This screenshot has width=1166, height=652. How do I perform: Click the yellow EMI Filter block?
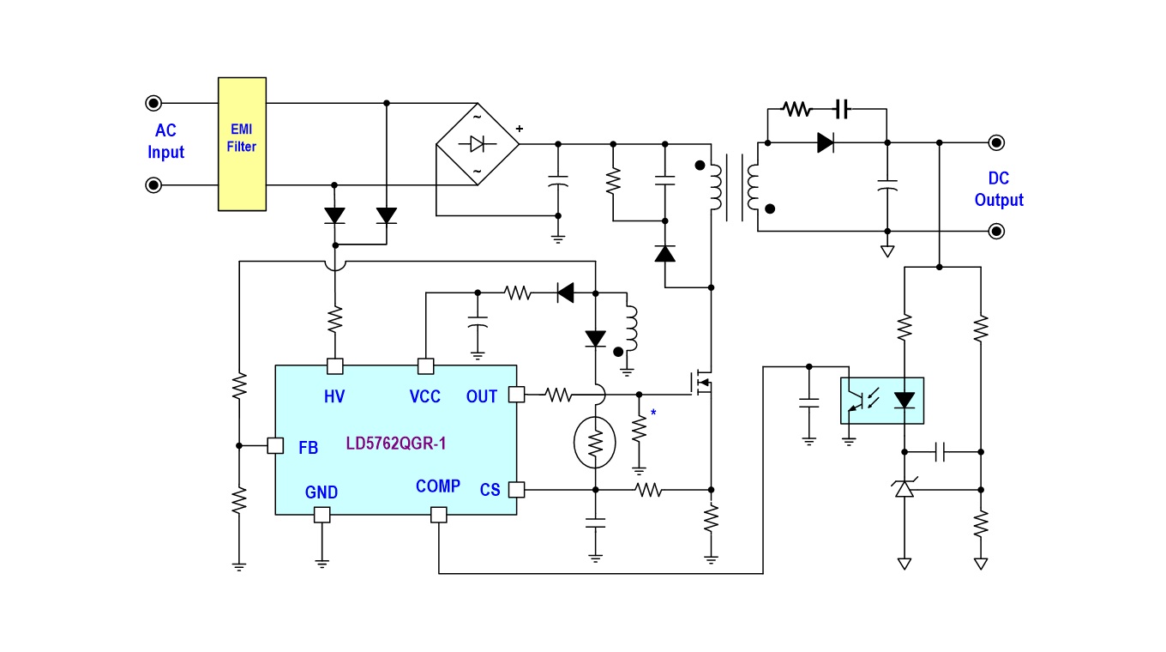click(x=242, y=144)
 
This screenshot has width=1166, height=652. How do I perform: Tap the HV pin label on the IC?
click(x=334, y=397)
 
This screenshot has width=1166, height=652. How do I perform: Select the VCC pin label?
click(x=424, y=397)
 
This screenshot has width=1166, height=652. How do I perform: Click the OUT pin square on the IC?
click(x=516, y=395)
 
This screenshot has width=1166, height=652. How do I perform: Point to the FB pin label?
click(x=308, y=447)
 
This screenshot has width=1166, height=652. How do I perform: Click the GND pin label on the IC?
click(x=322, y=492)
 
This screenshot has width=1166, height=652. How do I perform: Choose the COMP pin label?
click(x=438, y=486)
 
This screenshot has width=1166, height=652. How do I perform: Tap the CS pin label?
click(x=490, y=490)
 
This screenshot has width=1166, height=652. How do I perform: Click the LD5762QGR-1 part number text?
click(x=396, y=444)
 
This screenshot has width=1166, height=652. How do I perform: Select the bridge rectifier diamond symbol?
click(x=478, y=144)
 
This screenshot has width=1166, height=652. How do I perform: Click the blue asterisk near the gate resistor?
click(x=653, y=413)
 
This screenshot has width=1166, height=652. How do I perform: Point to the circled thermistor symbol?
click(x=595, y=443)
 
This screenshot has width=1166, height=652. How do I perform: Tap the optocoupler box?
click(x=882, y=401)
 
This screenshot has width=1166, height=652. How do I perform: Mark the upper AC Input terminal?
click(x=153, y=103)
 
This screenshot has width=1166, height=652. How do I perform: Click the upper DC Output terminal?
click(x=996, y=142)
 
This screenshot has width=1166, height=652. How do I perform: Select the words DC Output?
click(x=998, y=189)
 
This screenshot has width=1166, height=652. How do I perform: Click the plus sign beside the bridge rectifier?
click(x=519, y=129)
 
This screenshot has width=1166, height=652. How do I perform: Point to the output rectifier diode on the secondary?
click(x=826, y=142)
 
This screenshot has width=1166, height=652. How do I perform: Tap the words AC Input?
click(x=165, y=142)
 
